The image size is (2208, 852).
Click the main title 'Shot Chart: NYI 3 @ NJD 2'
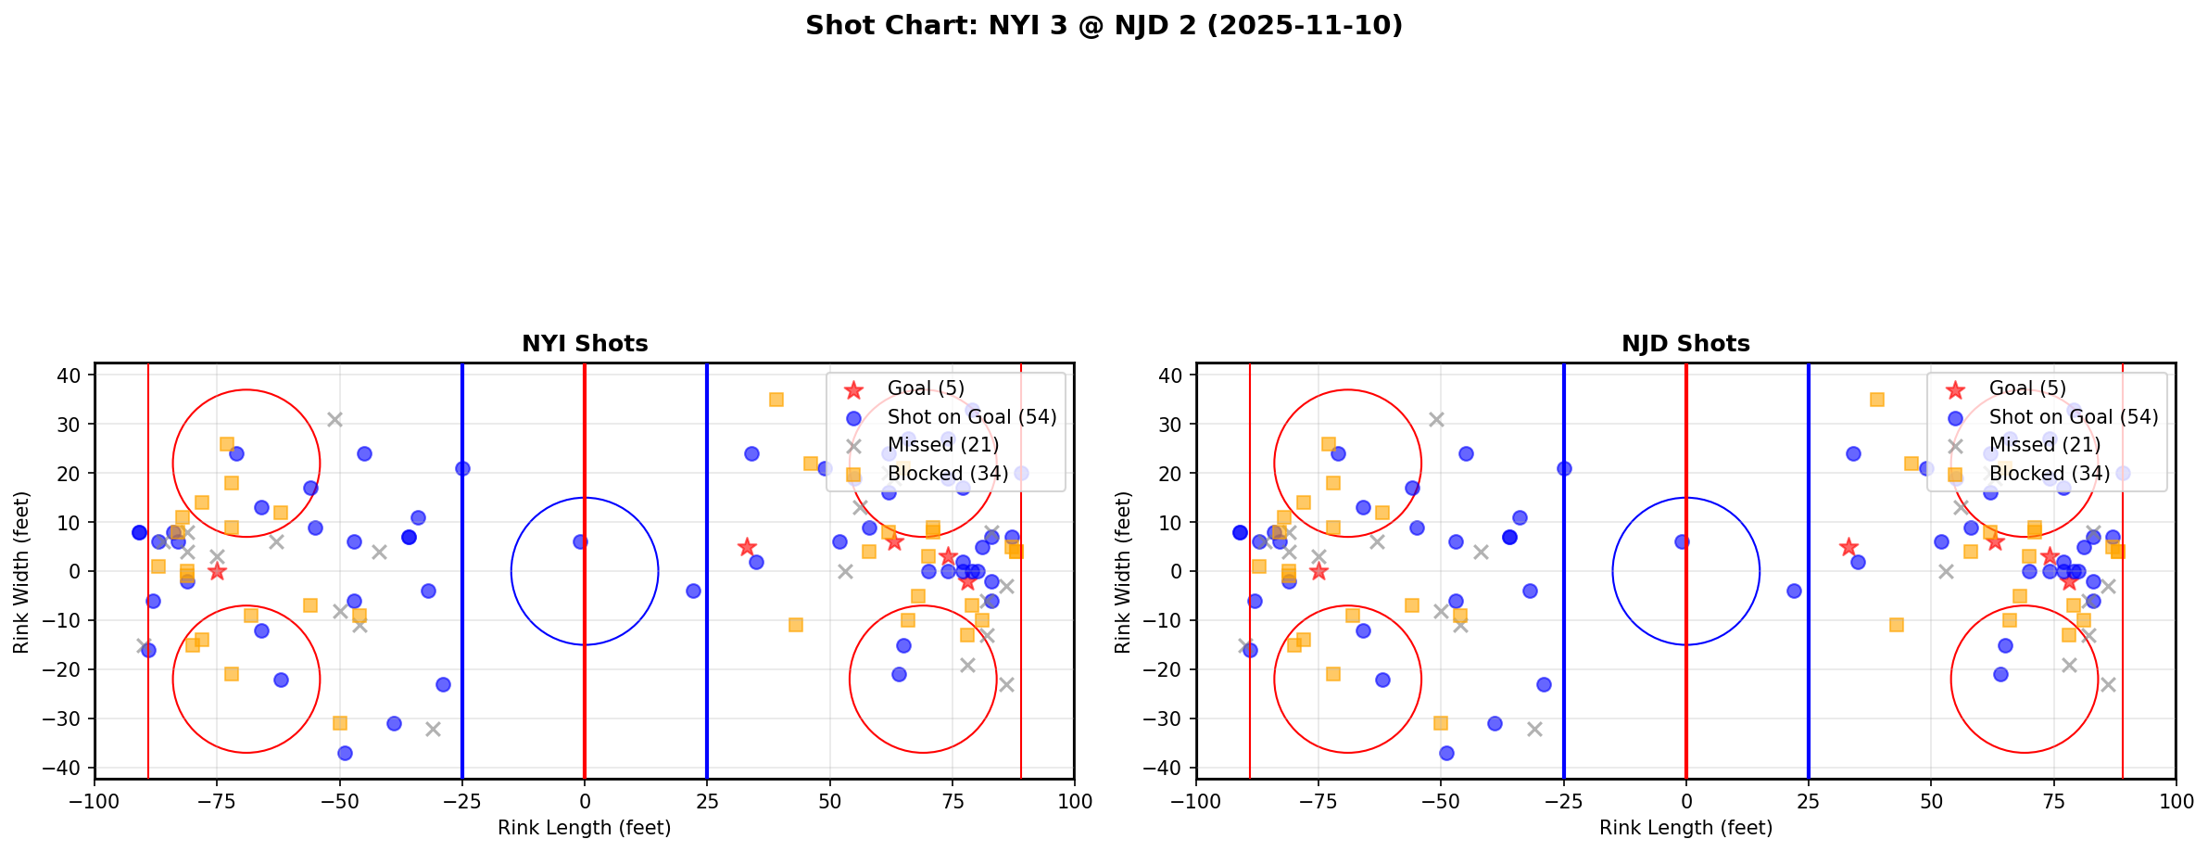point(1104,26)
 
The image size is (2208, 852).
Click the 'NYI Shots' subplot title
point(585,344)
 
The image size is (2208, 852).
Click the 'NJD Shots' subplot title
point(1685,344)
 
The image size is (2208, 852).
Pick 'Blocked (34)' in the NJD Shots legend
point(2049,474)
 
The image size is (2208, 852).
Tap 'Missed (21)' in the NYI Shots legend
point(942,445)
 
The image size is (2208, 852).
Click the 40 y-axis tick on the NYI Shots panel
point(75,375)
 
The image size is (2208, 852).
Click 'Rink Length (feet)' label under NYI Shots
point(585,828)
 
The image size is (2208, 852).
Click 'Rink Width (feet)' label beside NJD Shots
point(1123,571)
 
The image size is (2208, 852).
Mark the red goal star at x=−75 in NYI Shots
point(217,571)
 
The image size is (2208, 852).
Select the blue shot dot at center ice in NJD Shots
point(1681,541)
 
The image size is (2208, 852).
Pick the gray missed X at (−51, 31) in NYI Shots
point(334,419)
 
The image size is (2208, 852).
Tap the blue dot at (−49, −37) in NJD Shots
point(1445,753)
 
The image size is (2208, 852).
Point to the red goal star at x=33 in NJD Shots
point(1848,547)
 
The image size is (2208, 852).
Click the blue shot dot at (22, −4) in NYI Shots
point(692,591)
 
